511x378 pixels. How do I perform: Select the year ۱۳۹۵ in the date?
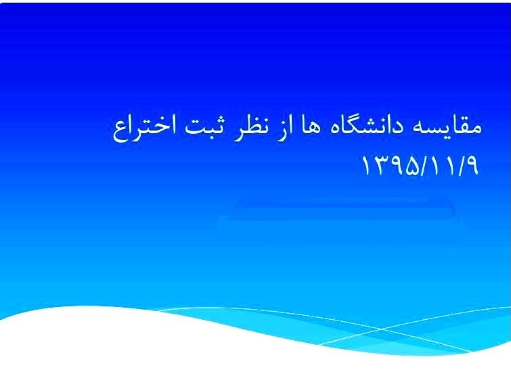[391, 166]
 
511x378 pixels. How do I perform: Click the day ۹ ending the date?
[471, 166]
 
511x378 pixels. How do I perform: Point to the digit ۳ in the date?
[379, 166]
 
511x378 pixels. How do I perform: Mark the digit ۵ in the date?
[413, 166]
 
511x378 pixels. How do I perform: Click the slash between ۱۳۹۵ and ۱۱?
[425, 166]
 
